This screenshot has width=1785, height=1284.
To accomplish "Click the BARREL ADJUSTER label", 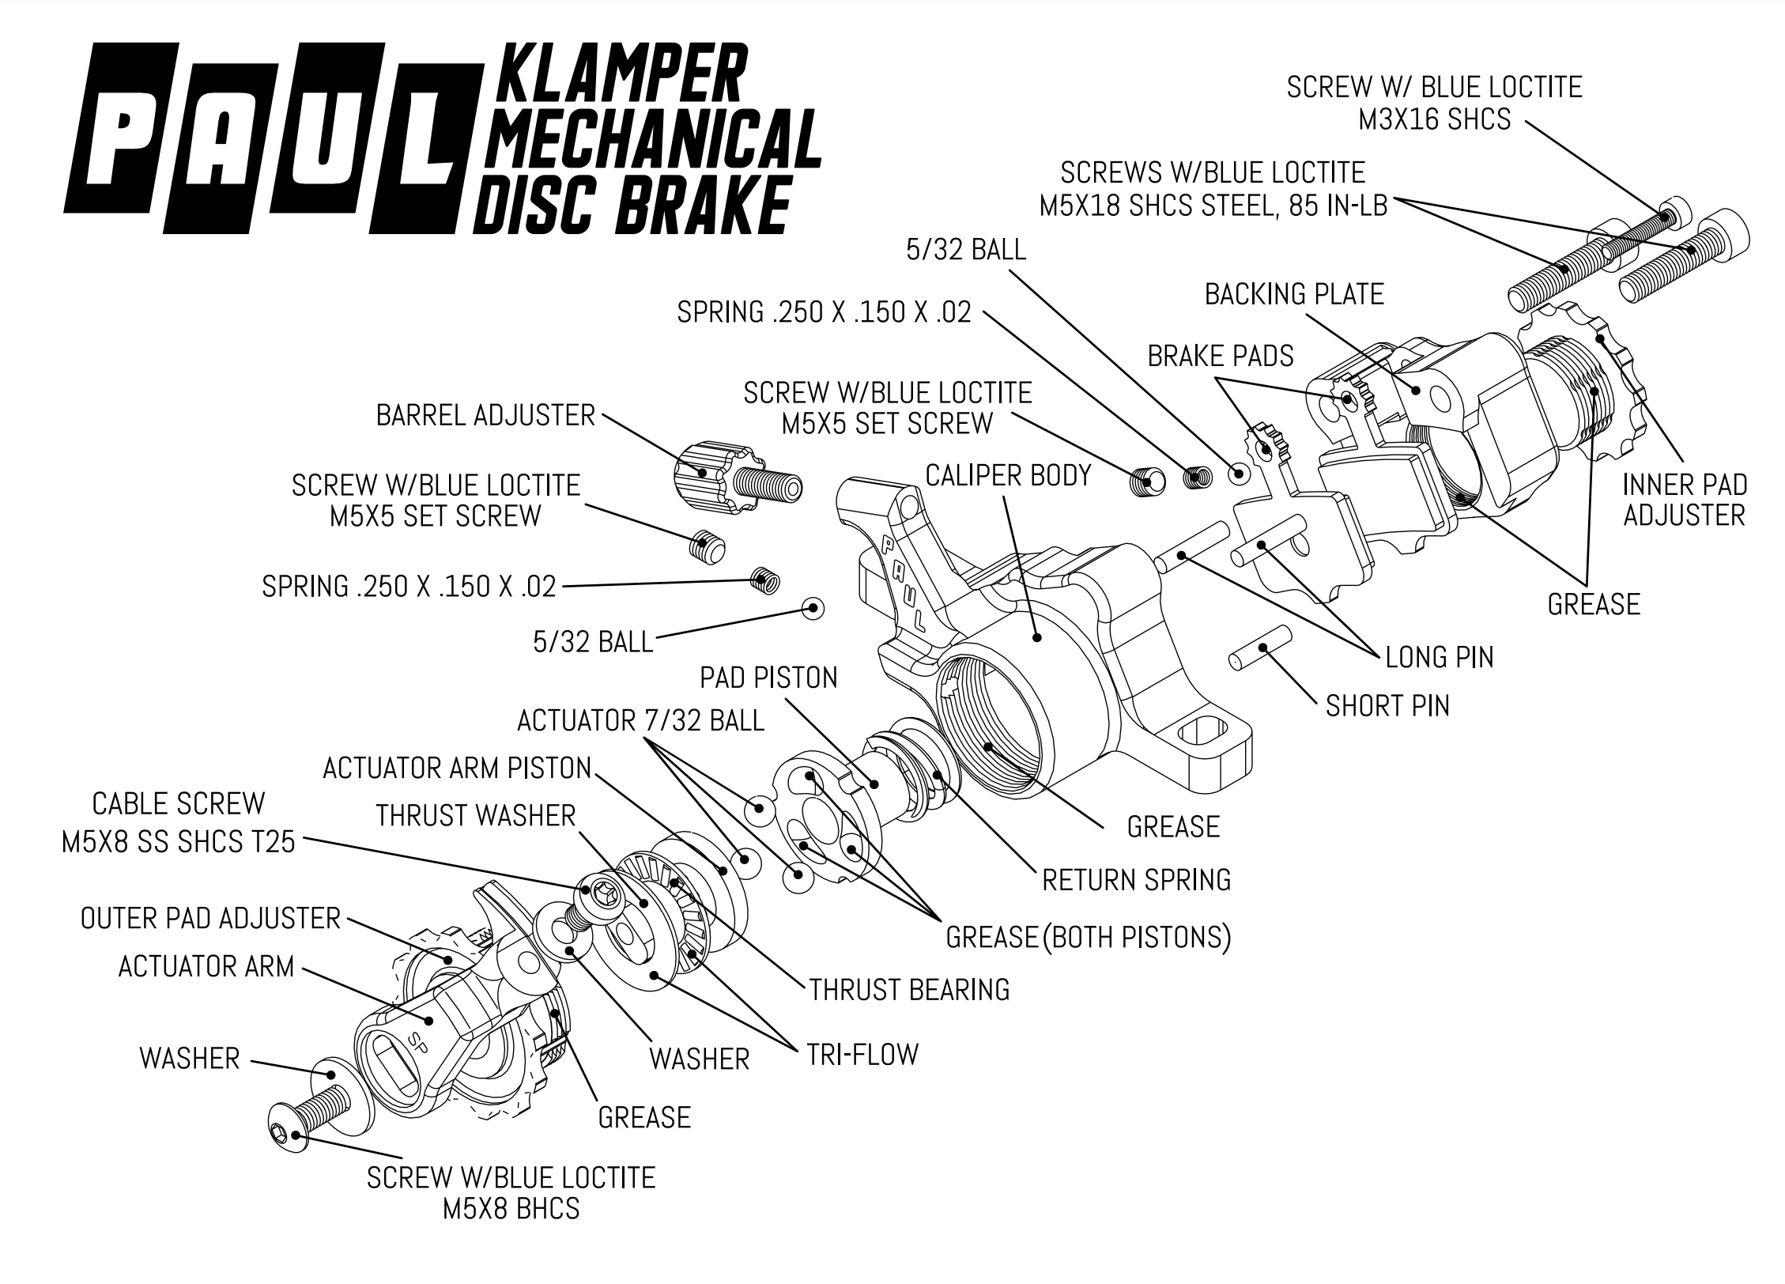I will [485, 416].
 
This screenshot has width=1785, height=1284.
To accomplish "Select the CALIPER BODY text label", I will [1008, 475].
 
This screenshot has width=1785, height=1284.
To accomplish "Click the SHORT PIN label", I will [1387, 705].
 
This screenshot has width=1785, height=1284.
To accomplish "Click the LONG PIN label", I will [1439, 657].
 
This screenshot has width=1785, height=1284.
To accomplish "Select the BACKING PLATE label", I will [1294, 294].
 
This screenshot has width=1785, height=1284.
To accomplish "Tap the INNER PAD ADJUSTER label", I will [1684, 500].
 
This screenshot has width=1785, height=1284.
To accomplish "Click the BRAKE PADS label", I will [1221, 356].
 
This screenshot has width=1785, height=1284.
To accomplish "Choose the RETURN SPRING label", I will [1136, 879].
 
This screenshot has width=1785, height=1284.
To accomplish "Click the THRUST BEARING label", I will [909, 989].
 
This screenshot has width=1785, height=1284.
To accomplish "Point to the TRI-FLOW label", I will [862, 1054].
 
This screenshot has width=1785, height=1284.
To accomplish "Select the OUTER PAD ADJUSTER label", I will [210, 918].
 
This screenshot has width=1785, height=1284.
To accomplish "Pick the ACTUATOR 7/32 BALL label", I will [640, 720].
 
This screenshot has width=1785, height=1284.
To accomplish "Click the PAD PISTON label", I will [768, 678].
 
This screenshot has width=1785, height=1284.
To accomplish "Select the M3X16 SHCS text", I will [1434, 119].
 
